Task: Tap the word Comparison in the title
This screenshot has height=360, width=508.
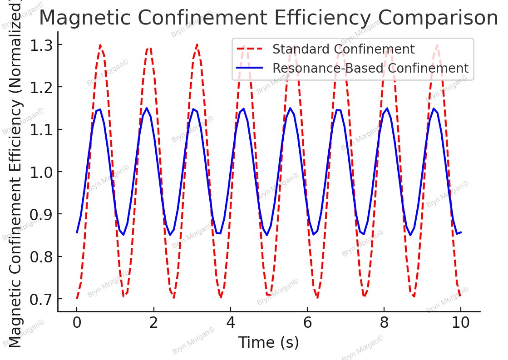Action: (x=441, y=18)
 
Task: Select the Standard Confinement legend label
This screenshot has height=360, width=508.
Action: (x=343, y=49)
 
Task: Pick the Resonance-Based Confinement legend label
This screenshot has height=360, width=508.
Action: (x=370, y=68)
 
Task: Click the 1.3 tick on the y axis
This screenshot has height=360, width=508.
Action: (x=41, y=45)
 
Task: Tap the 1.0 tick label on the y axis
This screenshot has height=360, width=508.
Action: (x=41, y=172)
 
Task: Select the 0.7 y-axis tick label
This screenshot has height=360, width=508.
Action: (x=41, y=299)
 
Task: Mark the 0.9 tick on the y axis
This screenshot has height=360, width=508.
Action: (x=41, y=214)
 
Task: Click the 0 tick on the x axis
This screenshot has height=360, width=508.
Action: (x=77, y=324)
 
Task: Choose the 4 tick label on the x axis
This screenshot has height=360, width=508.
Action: (x=231, y=324)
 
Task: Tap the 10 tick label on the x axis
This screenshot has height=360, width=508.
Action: (x=461, y=324)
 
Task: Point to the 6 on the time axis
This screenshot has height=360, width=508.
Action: (x=307, y=324)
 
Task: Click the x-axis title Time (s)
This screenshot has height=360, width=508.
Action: (x=269, y=343)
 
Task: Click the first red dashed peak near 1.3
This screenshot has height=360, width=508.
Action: (x=100, y=45)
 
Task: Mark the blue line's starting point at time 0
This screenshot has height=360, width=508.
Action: (x=77, y=233)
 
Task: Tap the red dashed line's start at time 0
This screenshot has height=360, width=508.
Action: (x=77, y=299)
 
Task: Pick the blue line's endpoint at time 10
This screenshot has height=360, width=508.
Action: (x=461, y=232)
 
